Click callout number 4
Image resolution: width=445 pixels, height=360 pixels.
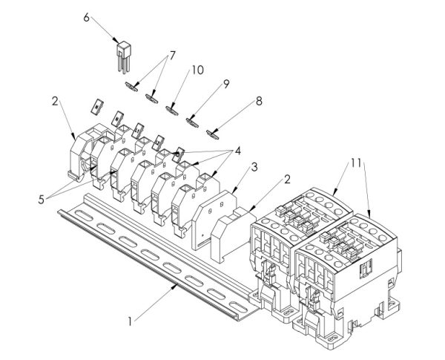click(x=238, y=151)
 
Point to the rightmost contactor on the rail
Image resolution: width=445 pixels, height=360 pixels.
click(x=349, y=275)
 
